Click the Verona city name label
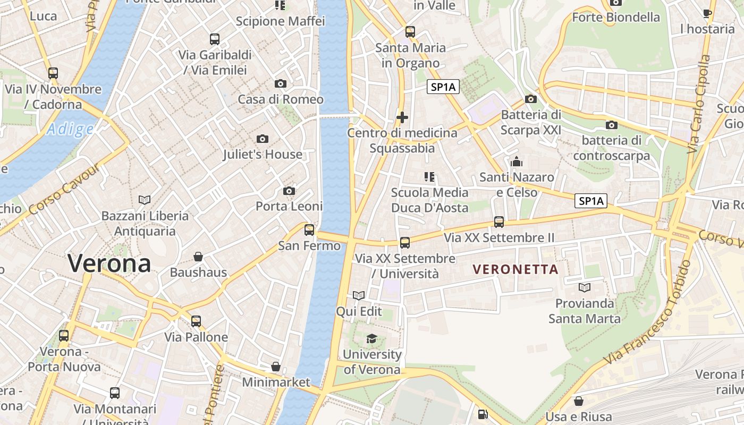coord(109,263)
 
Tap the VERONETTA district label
coord(515,269)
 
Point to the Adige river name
coord(70,129)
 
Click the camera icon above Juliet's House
coord(262,139)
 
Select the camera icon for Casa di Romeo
coord(281,83)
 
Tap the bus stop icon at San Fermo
coord(309,230)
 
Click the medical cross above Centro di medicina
coord(402,117)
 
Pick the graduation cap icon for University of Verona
coord(371,338)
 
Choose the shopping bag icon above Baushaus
coord(198,257)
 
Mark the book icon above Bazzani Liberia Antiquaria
coord(145,200)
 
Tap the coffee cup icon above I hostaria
coord(707,13)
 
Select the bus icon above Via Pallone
coord(196,321)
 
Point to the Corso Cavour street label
coord(64,190)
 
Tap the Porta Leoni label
coord(289,206)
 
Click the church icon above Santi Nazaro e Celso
coord(516,161)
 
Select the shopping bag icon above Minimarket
coord(276,367)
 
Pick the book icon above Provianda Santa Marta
coord(585,287)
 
